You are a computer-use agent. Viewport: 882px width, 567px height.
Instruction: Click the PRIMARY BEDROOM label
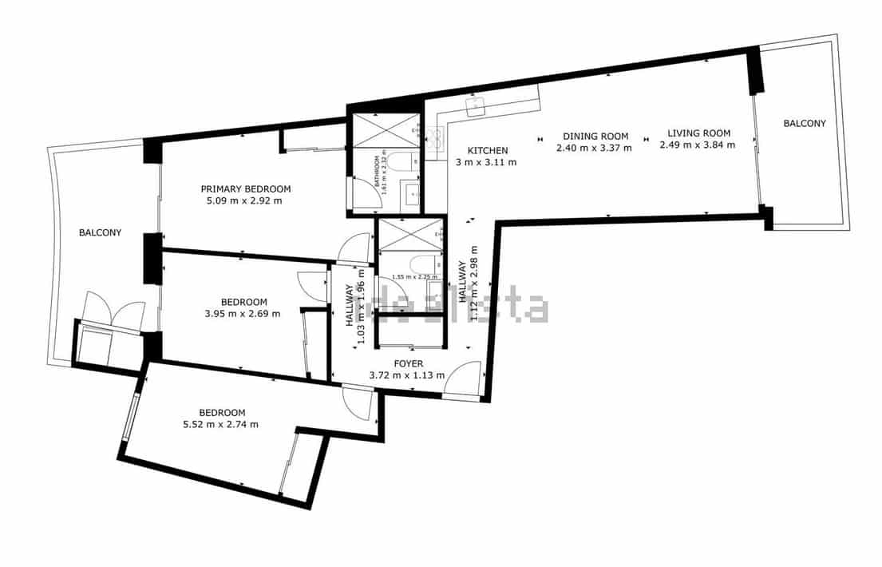tap(245, 188)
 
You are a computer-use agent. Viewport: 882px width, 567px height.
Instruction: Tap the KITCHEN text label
tap(487, 151)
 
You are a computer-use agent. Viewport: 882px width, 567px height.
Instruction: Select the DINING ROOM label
tap(595, 137)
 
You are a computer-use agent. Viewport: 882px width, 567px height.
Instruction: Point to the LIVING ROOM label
tap(698, 133)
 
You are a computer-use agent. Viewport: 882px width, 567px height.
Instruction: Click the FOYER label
tap(407, 363)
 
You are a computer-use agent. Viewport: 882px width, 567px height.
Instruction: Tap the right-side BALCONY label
tap(804, 123)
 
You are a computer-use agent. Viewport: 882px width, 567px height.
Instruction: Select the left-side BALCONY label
tap(100, 233)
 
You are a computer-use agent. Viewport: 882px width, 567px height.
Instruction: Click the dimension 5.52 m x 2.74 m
tap(220, 424)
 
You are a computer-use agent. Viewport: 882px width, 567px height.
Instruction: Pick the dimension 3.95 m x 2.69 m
tap(243, 314)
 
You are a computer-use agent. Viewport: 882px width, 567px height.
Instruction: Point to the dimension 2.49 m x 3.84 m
tap(698, 145)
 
